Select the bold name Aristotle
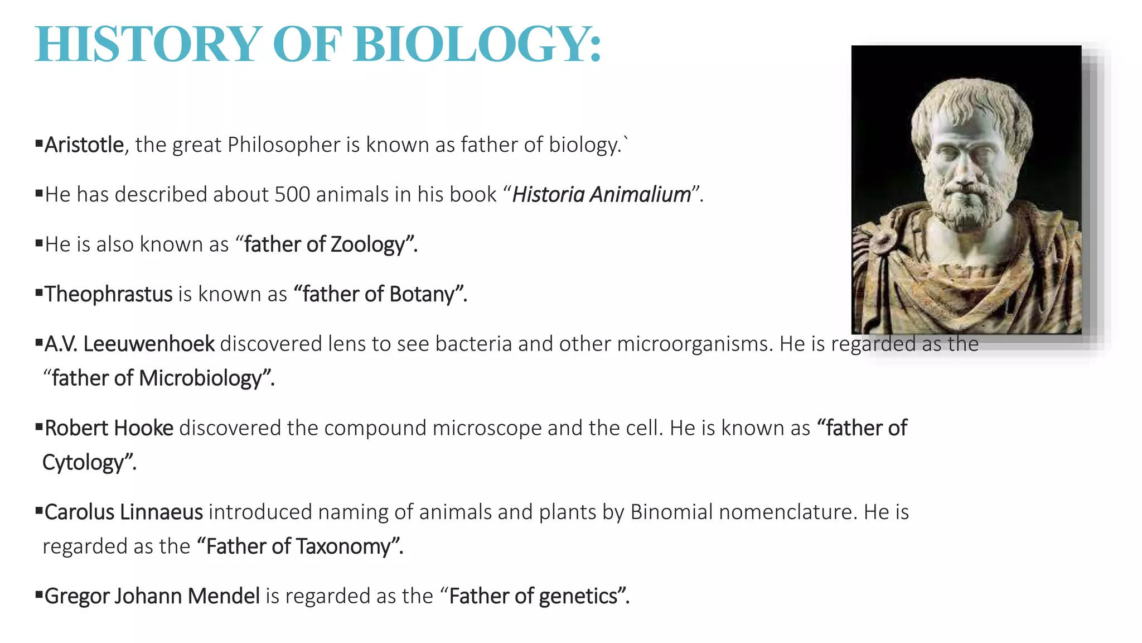click(x=84, y=145)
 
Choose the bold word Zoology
click(x=367, y=245)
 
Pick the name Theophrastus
click(x=109, y=294)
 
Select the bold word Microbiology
click(x=200, y=378)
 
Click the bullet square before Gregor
click(x=39, y=594)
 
